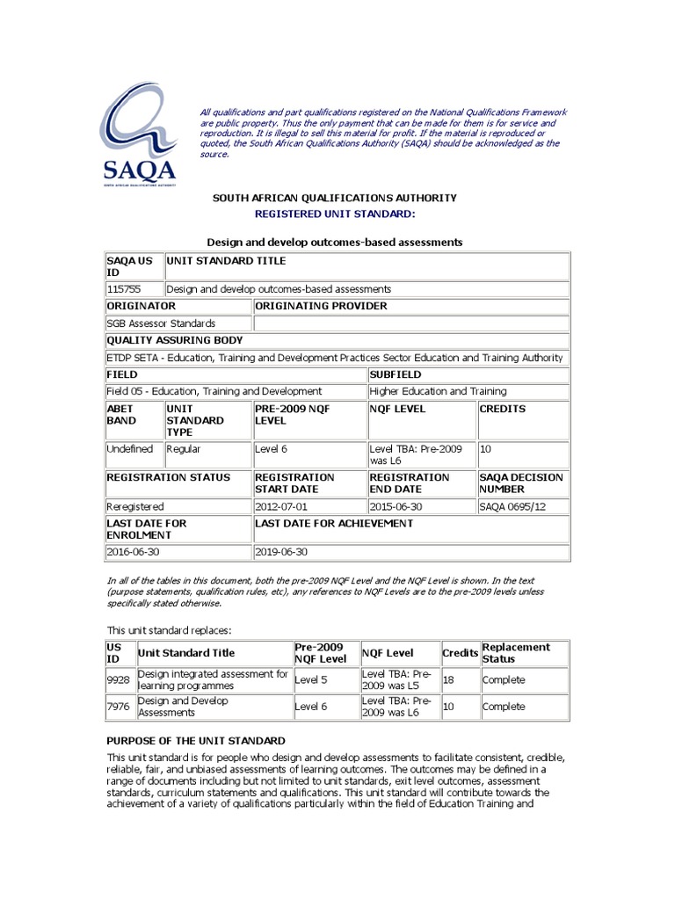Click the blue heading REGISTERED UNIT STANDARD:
coord(334,214)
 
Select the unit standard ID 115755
coord(123,288)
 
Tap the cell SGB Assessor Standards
coord(161,323)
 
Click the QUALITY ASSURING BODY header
coord(175,340)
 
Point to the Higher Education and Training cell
coord(438,391)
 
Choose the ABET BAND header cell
coord(121,415)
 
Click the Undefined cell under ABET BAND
coord(129,449)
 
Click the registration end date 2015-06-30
coord(396,507)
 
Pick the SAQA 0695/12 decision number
coord(510,507)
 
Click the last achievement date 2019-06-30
coord(282,552)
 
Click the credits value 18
coord(447,679)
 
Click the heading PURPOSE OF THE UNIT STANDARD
coord(195,741)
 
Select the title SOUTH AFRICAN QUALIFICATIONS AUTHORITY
coord(334,198)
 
